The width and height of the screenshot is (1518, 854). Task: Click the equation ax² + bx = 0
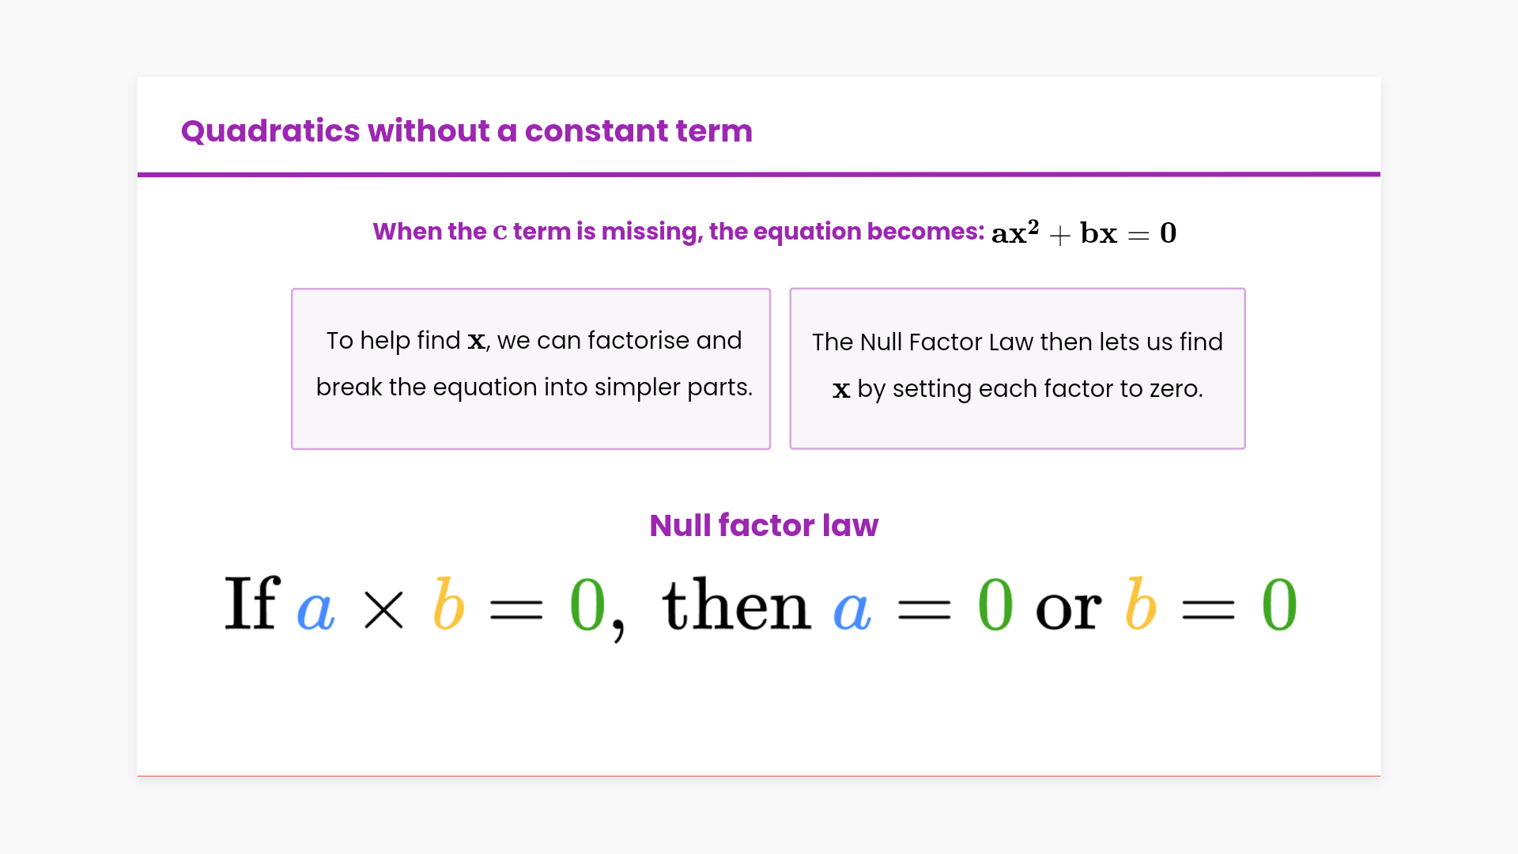pyautogui.click(x=1084, y=232)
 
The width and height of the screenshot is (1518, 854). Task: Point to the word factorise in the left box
pyautogui.click(x=638, y=340)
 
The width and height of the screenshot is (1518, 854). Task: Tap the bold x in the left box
pyautogui.click(x=477, y=341)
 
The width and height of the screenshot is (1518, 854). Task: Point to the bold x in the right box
pyautogui.click(x=841, y=390)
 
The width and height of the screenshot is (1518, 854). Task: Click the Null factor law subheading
pyautogui.click(x=764, y=525)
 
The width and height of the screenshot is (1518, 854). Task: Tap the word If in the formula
pyautogui.click(x=252, y=603)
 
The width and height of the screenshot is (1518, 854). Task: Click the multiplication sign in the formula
pyautogui.click(x=383, y=610)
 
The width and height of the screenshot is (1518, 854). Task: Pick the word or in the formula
pyautogui.click(x=1068, y=610)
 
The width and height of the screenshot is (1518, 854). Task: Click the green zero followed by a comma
pyautogui.click(x=587, y=604)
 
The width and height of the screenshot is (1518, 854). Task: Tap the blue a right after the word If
pyautogui.click(x=315, y=610)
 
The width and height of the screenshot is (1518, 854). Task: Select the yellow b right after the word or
pyautogui.click(x=1141, y=603)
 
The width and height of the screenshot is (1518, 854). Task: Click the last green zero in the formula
pyautogui.click(x=1279, y=604)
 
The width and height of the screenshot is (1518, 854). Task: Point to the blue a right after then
pyautogui.click(x=852, y=610)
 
